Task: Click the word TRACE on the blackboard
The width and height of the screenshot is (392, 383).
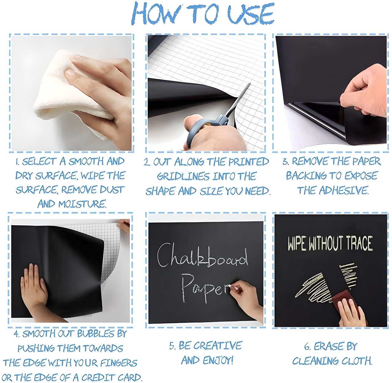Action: point(359,243)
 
